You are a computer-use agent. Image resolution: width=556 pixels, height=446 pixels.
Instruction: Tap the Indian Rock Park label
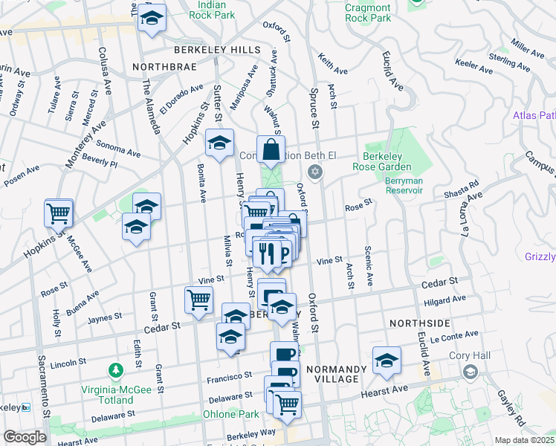click(207, 10)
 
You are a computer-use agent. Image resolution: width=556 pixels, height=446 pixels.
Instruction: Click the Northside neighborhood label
click(420, 323)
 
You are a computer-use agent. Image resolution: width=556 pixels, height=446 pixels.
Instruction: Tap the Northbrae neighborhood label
click(162, 66)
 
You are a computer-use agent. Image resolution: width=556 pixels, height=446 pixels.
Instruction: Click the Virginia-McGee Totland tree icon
click(115, 369)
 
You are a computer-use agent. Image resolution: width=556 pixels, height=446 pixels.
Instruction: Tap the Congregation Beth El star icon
click(315, 172)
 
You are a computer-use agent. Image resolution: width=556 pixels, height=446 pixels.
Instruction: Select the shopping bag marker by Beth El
click(271, 150)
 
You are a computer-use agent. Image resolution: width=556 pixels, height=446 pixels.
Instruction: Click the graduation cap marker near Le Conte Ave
click(387, 361)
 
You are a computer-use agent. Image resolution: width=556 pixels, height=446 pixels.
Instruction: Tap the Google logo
click(25, 437)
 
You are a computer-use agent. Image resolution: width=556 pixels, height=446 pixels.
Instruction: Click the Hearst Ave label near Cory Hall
click(384, 390)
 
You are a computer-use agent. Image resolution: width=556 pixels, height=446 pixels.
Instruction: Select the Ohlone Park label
click(232, 414)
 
